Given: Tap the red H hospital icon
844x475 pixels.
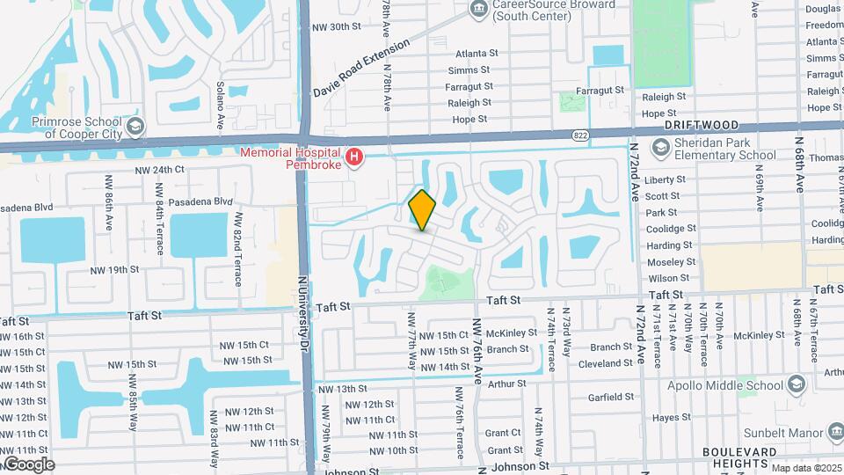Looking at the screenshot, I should pyautogui.click(x=354, y=158).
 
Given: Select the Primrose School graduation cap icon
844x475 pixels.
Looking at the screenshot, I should pyautogui.click(x=135, y=128).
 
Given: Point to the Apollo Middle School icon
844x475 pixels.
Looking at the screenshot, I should pyautogui.click(x=796, y=384).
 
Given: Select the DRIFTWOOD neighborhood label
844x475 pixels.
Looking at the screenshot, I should pyautogui.click(x=701, y=127).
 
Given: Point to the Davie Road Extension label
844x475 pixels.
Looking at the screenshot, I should pyautogui.click(x=362, y=69).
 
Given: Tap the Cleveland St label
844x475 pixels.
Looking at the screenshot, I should pyautogui.click(x=606, y=362).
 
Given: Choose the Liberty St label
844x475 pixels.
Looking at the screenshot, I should pyautogui.click(x=665, y=180).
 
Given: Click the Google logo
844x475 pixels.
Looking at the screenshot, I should pyautogui.click(x=28, y=464).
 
